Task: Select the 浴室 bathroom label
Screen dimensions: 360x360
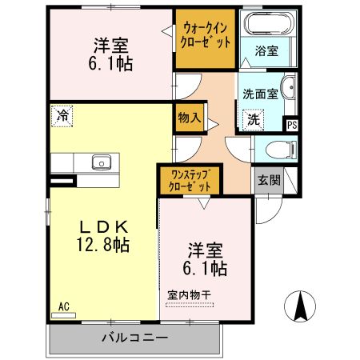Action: coord(267,51)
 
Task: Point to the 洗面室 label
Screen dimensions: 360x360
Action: coord(260,93)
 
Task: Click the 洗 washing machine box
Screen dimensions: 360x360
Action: coord(253,120)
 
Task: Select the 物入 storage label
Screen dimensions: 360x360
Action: coord(189,118)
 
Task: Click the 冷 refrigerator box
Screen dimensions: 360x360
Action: coord(62,115)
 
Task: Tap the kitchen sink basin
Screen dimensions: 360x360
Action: coord(101,162)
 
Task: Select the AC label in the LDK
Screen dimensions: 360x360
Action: coord(64,306)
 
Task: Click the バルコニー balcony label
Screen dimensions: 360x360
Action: coord(134,338)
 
